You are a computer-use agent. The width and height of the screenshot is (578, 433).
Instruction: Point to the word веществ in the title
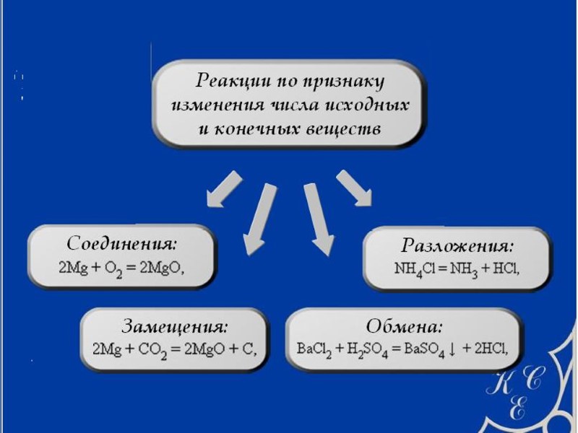point(339,129)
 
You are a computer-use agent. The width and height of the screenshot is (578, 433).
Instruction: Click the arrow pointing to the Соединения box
point(224,187)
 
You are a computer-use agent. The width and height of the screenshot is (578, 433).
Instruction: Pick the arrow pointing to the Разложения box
point(354,188)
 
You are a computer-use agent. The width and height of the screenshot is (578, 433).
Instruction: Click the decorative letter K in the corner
point(501,382)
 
